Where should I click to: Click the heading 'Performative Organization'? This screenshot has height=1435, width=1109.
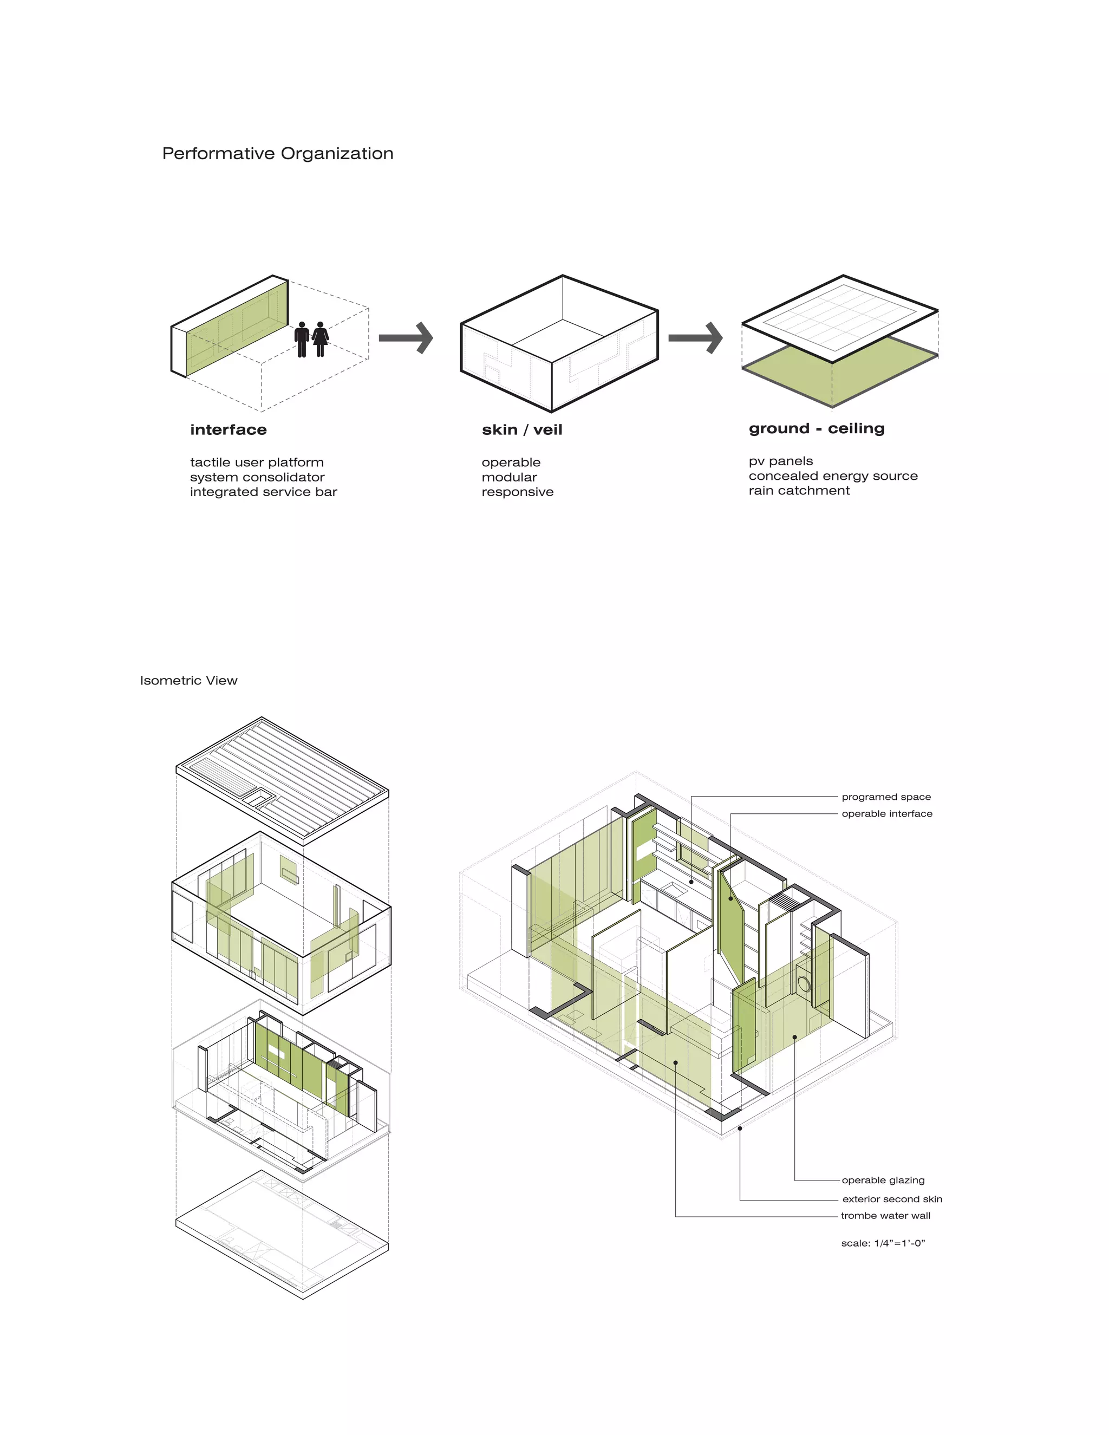click(277, 154)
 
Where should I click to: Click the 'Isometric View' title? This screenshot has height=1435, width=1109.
click(188, 681)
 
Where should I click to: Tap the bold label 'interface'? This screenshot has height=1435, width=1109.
click(228, 430)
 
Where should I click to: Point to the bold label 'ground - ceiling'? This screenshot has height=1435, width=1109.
click(816, 428)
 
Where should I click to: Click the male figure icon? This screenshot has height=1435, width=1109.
click(302, 339)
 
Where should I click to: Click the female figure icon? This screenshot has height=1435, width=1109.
click(320, 339)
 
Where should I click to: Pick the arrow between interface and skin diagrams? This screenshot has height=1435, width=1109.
click(406, 338)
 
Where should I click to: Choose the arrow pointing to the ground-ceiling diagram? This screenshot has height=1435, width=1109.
click(695, 338)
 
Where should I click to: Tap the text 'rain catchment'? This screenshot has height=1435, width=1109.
click(799, 491)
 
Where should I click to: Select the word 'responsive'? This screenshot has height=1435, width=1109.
click(517, 492)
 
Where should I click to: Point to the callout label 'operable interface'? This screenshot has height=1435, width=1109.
click(887, 813)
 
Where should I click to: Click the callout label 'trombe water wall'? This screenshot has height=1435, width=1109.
click(885, 1216)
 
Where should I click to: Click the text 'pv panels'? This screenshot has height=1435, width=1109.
click(780, 461)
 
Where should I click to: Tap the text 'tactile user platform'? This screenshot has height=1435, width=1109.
click(256, 462)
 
